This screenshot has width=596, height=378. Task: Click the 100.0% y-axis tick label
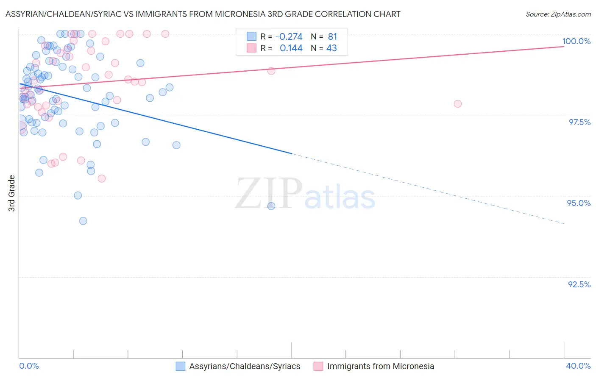tap(576, 41)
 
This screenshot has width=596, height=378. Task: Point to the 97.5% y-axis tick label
tap(579, 122)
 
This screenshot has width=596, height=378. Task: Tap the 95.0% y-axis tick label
tap(579, 203)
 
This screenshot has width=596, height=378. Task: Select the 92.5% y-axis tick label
tap(579, 284)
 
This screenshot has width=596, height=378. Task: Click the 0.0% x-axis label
tap(29, 366)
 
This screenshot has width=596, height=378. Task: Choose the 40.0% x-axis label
tap(578, 366)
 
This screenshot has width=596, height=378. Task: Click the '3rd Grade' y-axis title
tap(12, 193)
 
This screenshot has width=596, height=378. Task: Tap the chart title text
tap(203, 14)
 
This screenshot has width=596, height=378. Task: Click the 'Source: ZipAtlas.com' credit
tap(558, 14)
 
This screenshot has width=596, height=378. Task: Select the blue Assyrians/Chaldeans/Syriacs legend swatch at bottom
tap(181, 366)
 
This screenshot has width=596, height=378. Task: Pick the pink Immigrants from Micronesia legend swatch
tap(318, 366)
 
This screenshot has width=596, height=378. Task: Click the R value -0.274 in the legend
tap(289, 37)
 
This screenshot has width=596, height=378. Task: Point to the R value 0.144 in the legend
tap(291, 48)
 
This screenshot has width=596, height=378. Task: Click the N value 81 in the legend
tap(332, 37)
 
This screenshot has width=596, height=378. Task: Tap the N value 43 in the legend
tap(331, 48)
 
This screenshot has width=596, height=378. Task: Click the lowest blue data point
tap(83, 221)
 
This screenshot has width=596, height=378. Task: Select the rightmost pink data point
tap(457, 104)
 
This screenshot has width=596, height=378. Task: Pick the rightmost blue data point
tap(271, 206)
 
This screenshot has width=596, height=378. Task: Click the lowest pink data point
tap(102, 178)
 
